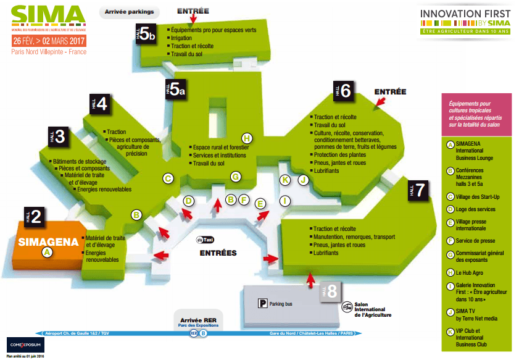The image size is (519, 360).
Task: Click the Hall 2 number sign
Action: click(x=33, y=216)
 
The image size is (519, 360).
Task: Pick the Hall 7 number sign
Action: click(x=417, y=190)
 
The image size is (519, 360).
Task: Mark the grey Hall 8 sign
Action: click(x=329, y=291)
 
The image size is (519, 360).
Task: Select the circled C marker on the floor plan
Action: click(x=167, y=178)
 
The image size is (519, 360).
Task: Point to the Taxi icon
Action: click(x=205, y=240)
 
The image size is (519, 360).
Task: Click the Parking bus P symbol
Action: click(x=264, y=303)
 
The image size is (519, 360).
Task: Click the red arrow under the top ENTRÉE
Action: click(x=193, y=19)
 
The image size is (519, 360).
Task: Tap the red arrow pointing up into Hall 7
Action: click(x=310, y=282)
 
